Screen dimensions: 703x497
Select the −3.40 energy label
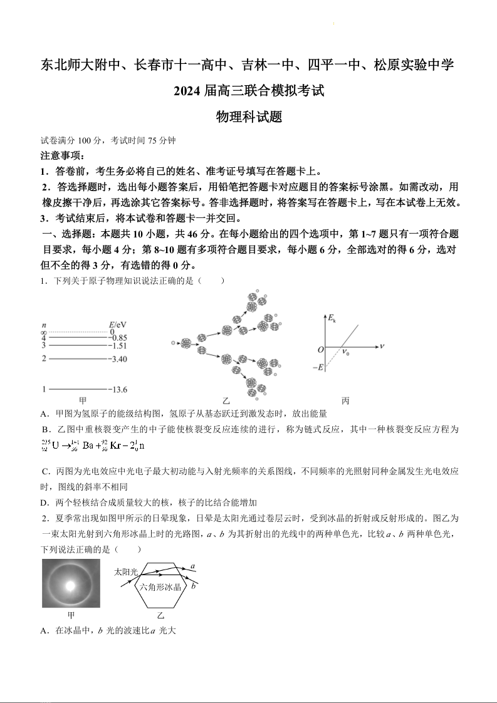[118, 359]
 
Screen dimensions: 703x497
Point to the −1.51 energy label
[118, 345]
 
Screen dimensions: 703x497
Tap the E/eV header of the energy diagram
[118, 325]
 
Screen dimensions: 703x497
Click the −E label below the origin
[318, 367]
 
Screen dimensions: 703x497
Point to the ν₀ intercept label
[345, 353]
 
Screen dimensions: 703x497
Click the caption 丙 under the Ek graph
[345, 400]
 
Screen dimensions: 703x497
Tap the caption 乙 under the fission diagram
[226, 400]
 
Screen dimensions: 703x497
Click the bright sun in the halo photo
[70, 585]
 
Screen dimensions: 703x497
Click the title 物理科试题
[249, 117]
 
